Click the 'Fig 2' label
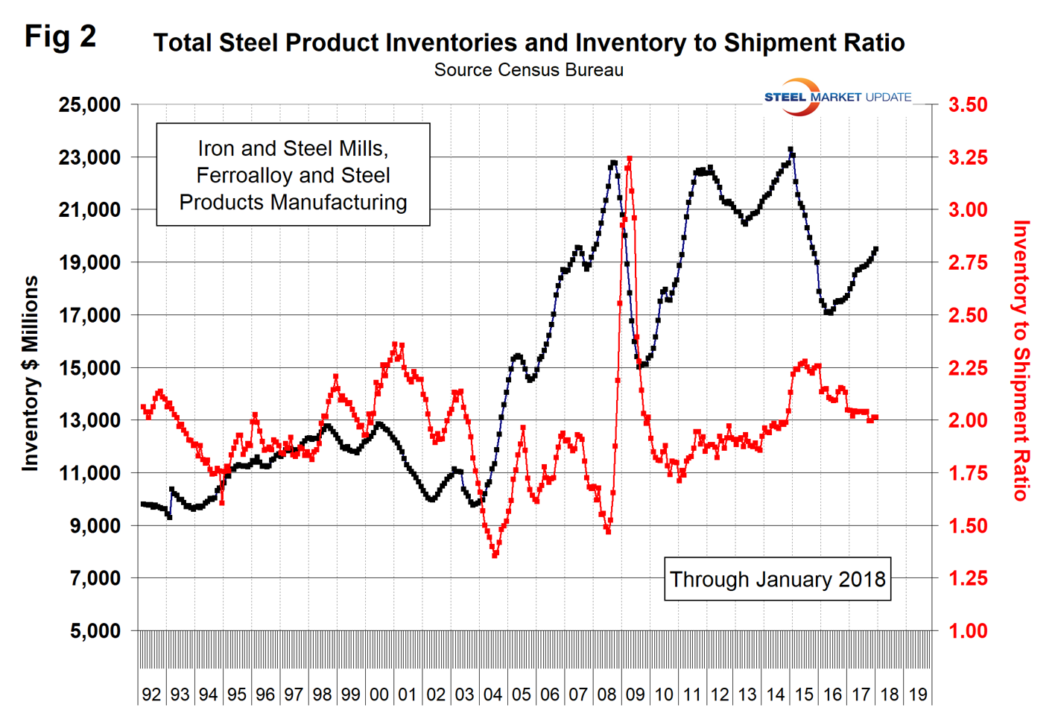click(x=60, y=36)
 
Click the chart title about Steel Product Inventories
click(x=528, y=42)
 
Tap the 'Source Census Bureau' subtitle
click(x=528, y=70)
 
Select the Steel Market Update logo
click(x=837, y=97)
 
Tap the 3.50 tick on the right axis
click(x=967, y=105)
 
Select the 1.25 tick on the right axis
click(x=967, y=579)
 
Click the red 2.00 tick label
click(x=967, y=421)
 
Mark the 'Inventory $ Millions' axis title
click(x=30, y=373)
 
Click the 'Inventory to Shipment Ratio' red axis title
click(x=1021, y=361)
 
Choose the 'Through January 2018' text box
click(x=777, y=580)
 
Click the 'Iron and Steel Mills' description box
click(x=293, y=175)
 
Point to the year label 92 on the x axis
click(x=151, y=695)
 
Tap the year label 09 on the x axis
click(x=635, y=695)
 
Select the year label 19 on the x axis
click(x=918, y=695)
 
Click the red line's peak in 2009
click(x=630, y=159)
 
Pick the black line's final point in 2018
click(x=875, y=249)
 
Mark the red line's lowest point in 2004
click(x=495, y=555)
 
